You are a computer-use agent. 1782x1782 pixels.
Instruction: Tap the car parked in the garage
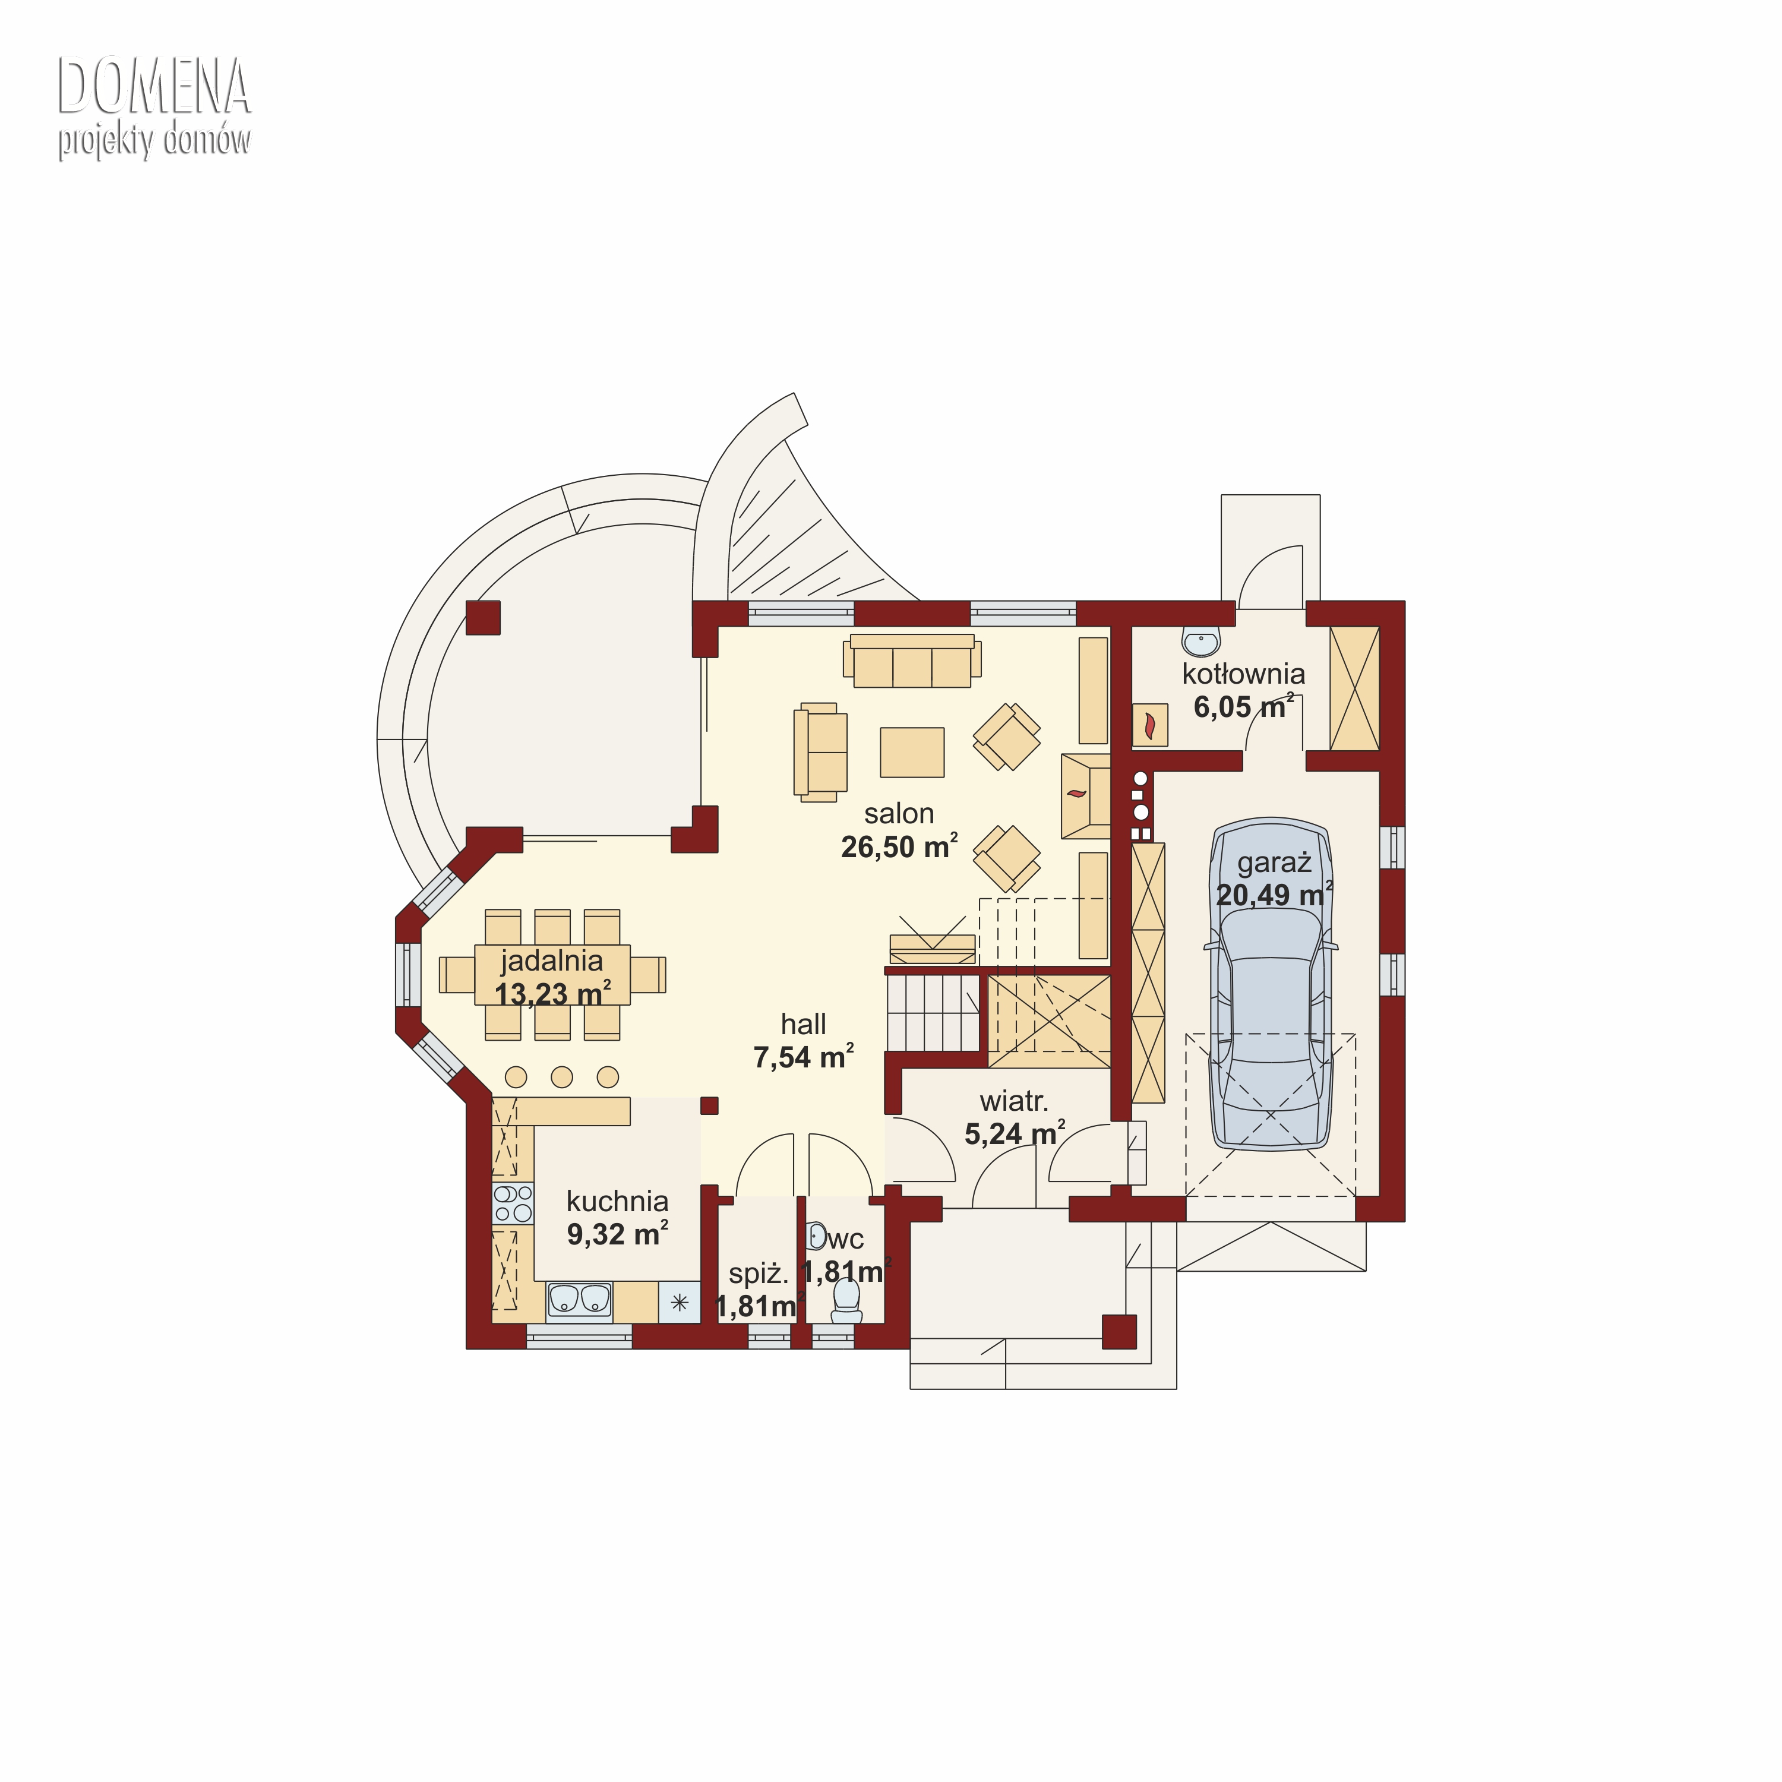[1272, 984]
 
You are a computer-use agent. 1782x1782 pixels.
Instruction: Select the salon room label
[899, 814]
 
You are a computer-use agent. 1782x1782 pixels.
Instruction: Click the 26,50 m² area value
[899, 846]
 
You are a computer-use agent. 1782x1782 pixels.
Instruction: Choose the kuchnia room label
[617, 1201]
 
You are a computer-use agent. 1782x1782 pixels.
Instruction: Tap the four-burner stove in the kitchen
[513, 1203]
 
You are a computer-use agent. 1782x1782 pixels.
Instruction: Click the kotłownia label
[1243, 674]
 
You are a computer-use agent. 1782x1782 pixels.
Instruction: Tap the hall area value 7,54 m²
[803, 1057]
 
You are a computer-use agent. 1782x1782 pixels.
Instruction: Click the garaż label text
[1274, 862]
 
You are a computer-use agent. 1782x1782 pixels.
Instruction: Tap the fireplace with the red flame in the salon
[1086, 795]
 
